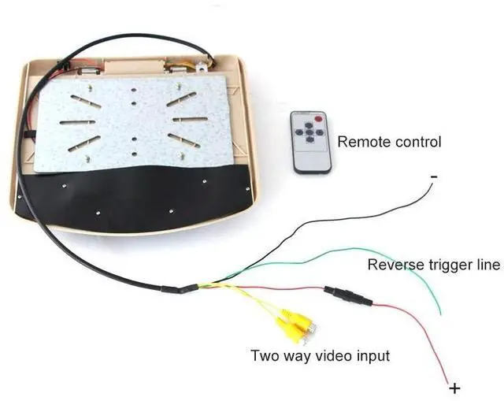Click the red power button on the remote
pyautogui.click(x=318, y=120)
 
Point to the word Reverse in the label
pyautogui.click(x=394, y=265)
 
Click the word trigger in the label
pyautogui.click(x=450, y=265)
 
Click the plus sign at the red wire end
pyautogui.click(x=454, y=388)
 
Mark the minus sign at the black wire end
pyautogui.click(x=434, y=178)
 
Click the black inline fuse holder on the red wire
pyautogui.click(x=346, y=296)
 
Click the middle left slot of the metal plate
pyautogui.click(x=77, y=123)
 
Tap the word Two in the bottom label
pyautogui.click(x=264, y=355)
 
